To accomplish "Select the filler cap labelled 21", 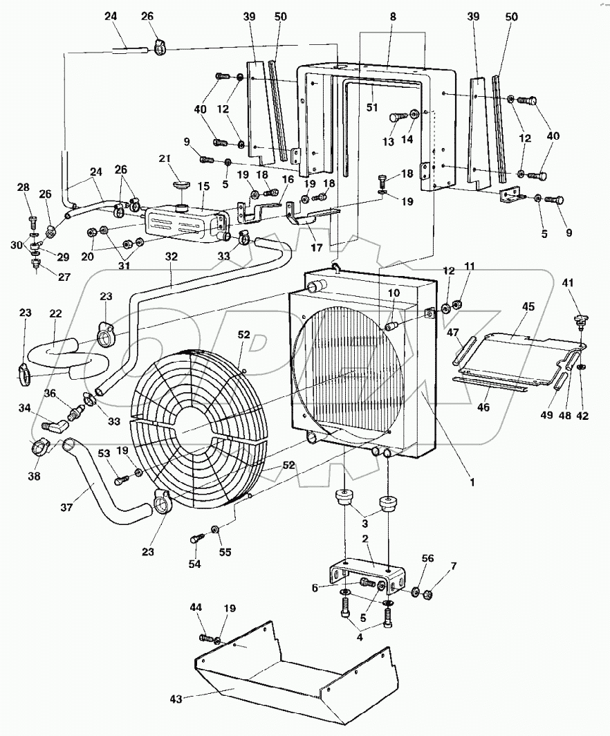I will (182, 185).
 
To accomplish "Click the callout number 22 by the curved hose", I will (56, 313).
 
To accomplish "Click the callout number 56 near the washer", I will (428, 558).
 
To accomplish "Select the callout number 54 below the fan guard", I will (194, 564).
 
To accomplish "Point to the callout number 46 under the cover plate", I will (482, 409).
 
